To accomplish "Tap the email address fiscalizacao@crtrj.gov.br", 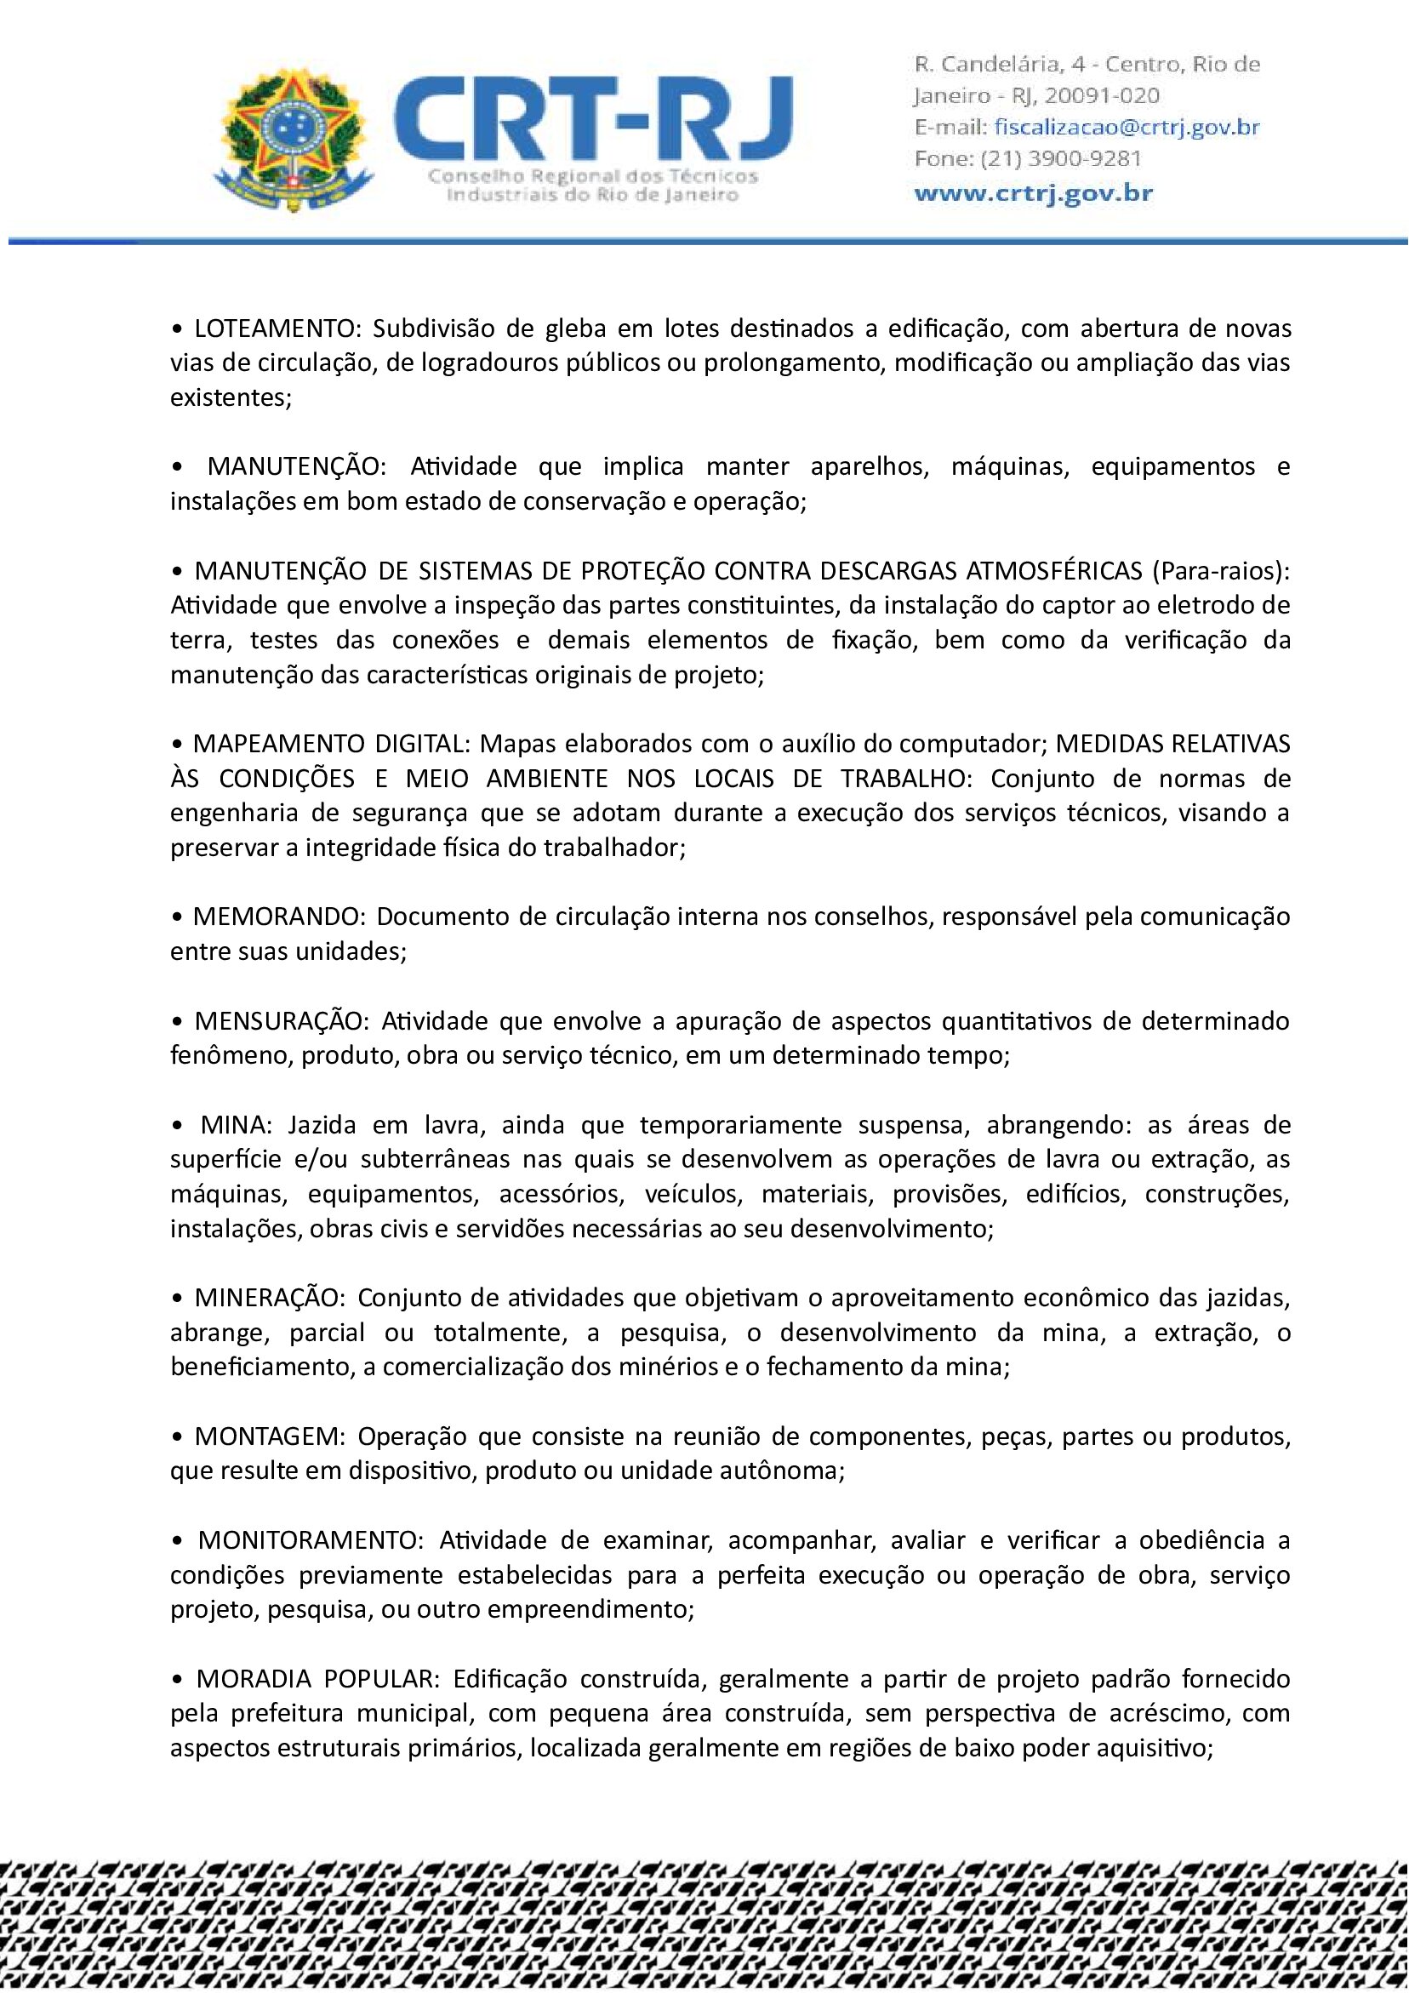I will coord(1126,127).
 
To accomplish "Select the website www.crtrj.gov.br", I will coord(1033,191).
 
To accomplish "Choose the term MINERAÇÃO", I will coord(270,1298).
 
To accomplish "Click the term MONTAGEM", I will coord(269,1436).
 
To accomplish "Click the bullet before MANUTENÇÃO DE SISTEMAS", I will coord(177,571).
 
